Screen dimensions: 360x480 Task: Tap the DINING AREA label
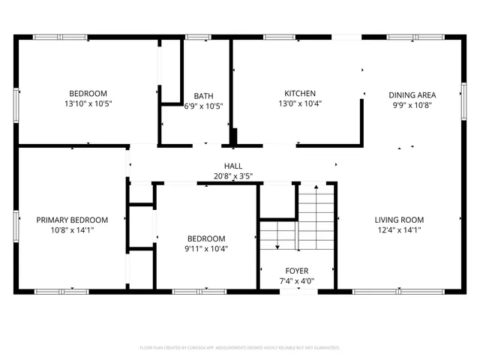click(412, 95)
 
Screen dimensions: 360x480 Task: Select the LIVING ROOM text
click(399, 220)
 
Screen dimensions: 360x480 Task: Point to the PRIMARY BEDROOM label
click(72, 220)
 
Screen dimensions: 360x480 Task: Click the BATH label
click(203, 96)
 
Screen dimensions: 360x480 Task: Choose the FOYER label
click(296, 271)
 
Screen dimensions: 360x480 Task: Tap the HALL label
click(233, 166)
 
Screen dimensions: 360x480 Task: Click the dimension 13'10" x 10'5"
click(88, 104)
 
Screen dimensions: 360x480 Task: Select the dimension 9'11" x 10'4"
click(206, 248)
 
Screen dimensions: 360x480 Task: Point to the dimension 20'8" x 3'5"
click(233, 177)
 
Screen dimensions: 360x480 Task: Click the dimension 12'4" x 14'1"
click(399, 230)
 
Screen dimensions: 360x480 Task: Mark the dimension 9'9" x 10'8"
click(412, 106)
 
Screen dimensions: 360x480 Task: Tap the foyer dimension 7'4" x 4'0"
click(296, 281)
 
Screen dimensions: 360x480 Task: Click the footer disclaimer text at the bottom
click(240, 348)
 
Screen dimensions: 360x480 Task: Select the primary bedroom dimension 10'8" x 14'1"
click(72, 230)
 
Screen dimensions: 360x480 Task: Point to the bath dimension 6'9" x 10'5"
click(203, 106)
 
